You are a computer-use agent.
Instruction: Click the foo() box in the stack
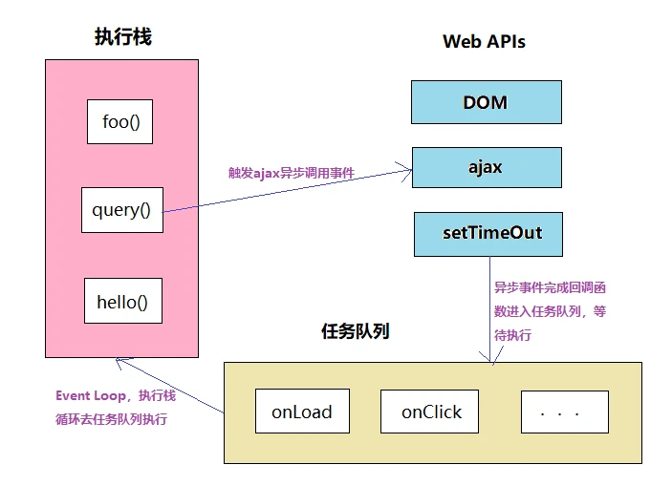click(119, 122)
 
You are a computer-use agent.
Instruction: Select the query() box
click(121, 209)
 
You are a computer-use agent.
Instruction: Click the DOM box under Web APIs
click(486, 102)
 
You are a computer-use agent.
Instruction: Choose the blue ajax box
click(486, 167)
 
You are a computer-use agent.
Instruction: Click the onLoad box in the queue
click(302, 412)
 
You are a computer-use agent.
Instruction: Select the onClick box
click(430, 412)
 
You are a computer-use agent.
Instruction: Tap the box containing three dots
click(564, 412)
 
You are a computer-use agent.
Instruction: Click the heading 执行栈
click(122, 37)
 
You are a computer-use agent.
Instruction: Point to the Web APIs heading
click(484, 42)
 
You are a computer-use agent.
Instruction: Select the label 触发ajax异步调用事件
click(291, 173)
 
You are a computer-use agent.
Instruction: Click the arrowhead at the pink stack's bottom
click(118, 360)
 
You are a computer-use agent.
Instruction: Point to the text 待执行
click(512, 335)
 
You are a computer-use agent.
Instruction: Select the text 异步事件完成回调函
click(550, 286)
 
